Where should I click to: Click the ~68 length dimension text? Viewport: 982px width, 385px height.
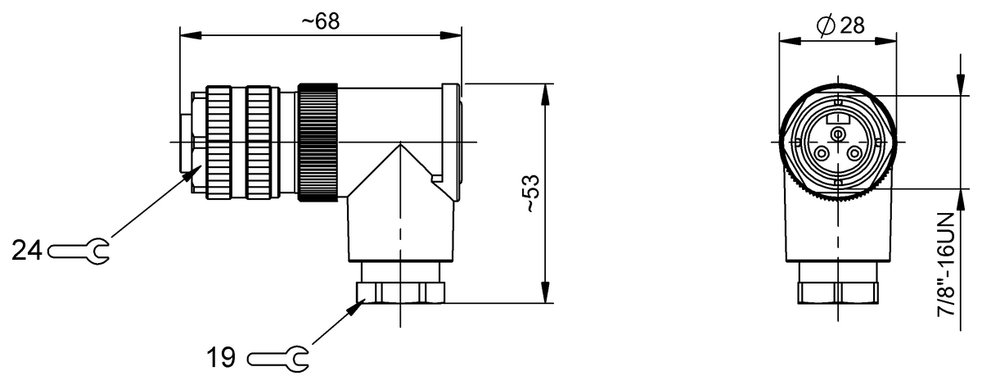pyautogui.click(x=320, y=21)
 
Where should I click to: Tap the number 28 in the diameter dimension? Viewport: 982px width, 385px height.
pyautogui.click(x=851, y=26)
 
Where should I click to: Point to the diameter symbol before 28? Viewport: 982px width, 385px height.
pyautogui.click(x=825, y=26)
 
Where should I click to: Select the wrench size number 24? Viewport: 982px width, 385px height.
pyautogui.click(x=27, y=250)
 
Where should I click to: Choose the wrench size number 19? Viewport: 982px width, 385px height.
pyautogui.click(x=220, y=357)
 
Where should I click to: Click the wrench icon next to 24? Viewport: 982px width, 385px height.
pyautogui.click(x=80, y=250)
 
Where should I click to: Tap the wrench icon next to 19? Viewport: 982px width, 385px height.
pyautogui.click(x=278, y=357)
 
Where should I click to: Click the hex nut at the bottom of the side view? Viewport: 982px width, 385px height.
pyautogui.click(x=400, y=292)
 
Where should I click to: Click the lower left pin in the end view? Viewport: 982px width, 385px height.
pyautogui.click(x=822, y=153)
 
